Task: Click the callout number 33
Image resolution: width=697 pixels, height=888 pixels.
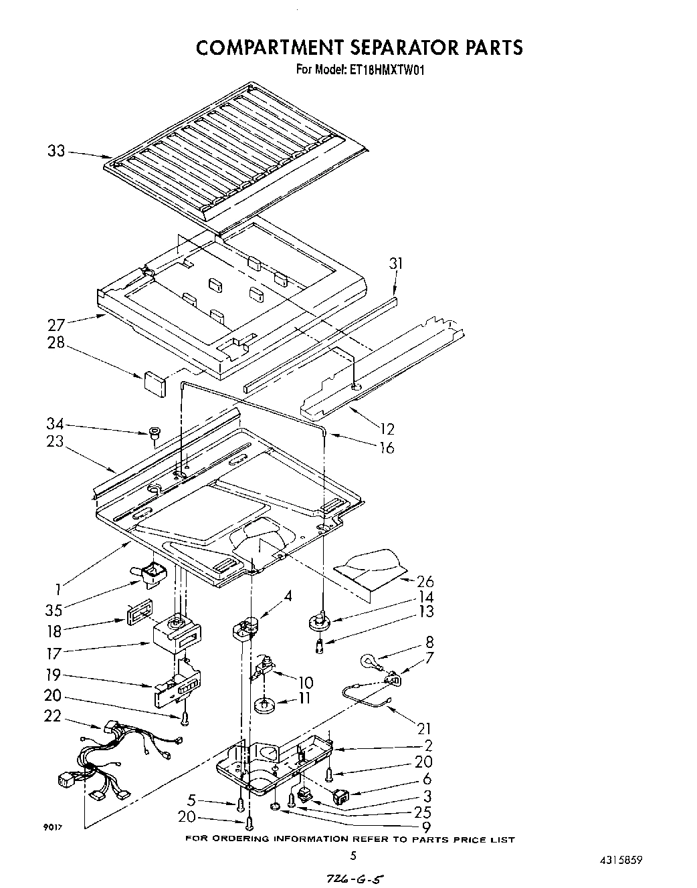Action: (56, 151)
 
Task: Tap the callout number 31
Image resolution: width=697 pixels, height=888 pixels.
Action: (396, 263)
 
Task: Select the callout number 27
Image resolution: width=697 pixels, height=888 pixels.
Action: (56, 325)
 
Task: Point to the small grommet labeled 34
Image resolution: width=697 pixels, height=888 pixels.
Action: (153, 433)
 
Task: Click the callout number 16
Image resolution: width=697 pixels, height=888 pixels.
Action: (387, 447)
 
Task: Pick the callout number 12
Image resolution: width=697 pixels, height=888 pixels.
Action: (387, 429)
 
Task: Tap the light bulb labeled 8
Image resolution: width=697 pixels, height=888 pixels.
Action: (368, 662)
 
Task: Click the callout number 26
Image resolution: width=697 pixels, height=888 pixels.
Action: (425, 582)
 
